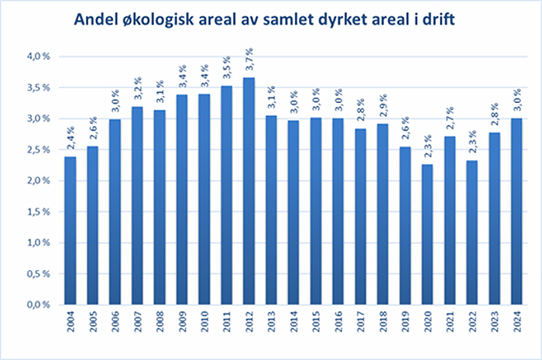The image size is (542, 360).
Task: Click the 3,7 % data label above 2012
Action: (x=249, y=60)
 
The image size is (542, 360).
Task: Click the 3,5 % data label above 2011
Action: (x=227, y=70)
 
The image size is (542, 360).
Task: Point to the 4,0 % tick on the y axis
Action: (x=38, y=57)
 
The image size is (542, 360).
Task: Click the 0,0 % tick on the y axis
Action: (x=38, y=304)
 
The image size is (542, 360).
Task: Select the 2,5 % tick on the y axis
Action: (x=38, y=149)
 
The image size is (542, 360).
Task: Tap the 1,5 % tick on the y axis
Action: (x=38, y=211)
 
